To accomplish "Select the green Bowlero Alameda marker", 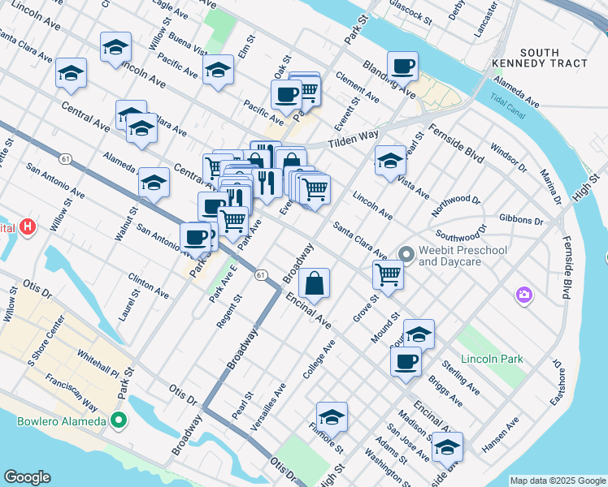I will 119,420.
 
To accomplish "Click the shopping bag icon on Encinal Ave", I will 314,283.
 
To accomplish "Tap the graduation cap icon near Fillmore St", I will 332,416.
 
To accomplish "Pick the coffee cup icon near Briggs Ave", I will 406,361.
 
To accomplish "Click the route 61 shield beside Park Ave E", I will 259,276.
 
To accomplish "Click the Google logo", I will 27,477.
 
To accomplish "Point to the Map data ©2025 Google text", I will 558,481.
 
